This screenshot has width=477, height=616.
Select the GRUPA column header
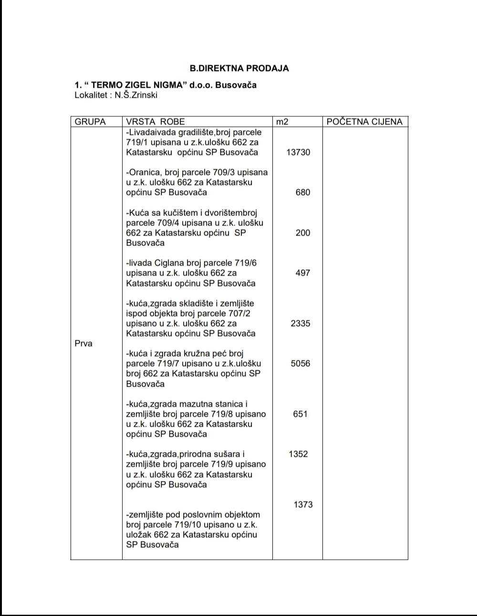click(90, 122)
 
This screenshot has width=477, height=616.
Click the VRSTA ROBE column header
click(155, 122)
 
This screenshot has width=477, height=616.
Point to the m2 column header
click(282, 122)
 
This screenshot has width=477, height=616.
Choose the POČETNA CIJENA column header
click(364, 122)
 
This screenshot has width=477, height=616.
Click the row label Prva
click(83, 343)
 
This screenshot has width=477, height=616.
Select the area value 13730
click(298, 153)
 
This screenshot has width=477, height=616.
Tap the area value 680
click(302, 193)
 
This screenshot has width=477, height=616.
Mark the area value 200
click(302, 233)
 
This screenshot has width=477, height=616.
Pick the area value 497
click(302, 273)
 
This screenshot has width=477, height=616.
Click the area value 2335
click(301, 323)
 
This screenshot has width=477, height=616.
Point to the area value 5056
click(301, 363)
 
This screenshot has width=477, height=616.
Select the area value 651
click(301, 414)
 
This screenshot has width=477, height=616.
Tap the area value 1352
click(298, 454)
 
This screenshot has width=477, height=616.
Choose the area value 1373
click(303, 504)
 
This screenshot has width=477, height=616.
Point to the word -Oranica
click(144, 173)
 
